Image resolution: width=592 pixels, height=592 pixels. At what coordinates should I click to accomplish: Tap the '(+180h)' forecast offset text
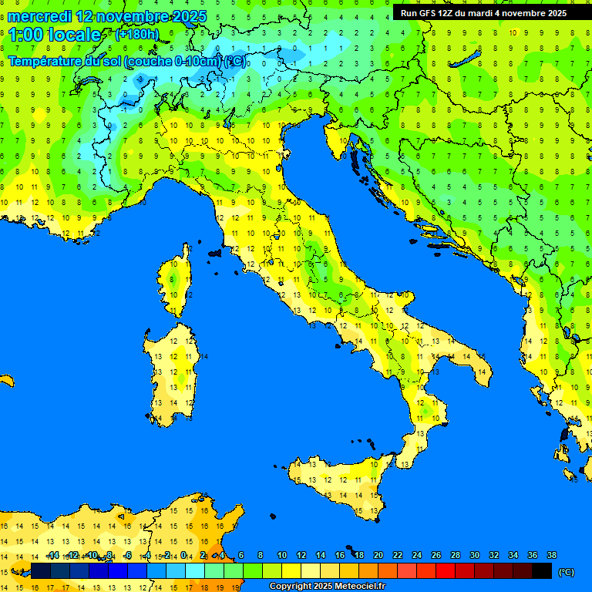[x=136, y=34]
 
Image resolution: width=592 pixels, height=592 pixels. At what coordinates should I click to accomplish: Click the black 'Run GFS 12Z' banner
[x=484, y=12]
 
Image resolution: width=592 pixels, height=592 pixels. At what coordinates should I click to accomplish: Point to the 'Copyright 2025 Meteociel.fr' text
[x=327, y=587]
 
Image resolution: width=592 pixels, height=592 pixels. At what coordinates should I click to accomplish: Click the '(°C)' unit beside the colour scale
[x=566, y=572]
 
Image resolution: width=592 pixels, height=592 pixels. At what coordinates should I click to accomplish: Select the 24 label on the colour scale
[x=416, y=556]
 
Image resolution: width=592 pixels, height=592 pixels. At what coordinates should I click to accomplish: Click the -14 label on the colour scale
[x=52, y=556]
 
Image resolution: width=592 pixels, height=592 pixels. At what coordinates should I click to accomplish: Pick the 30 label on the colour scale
[x=474, y=556]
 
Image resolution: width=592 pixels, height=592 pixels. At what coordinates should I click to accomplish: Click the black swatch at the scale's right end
[x=542, y=571]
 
